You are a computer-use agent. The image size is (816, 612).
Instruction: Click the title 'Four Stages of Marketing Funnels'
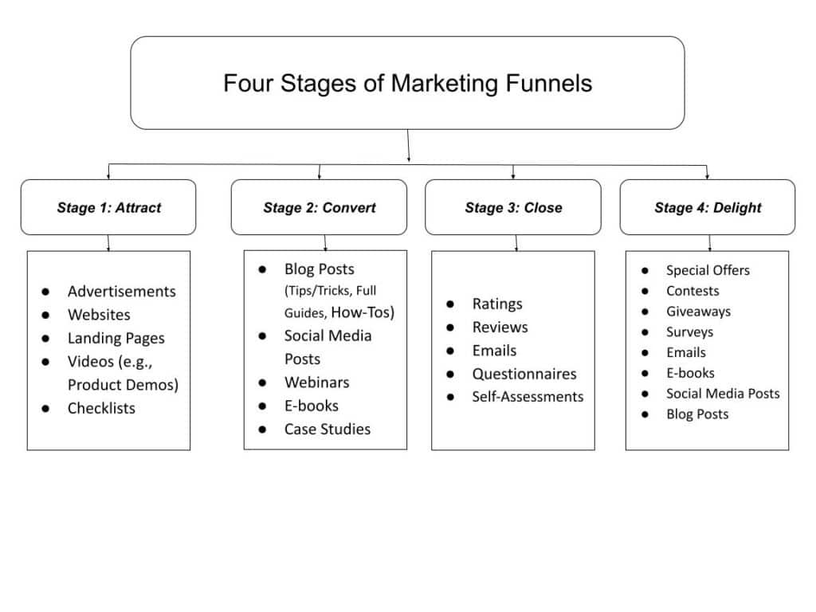(407, 83)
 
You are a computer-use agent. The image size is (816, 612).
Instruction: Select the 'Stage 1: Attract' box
(108, 207)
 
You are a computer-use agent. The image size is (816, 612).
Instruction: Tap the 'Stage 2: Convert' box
(320, 207)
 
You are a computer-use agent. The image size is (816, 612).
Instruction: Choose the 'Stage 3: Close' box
(513, 207)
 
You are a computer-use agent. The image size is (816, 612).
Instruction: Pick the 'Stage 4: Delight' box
(708, 207)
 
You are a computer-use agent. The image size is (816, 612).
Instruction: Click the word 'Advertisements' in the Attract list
(121, 292)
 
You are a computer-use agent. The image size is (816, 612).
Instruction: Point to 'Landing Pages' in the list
(116, 338)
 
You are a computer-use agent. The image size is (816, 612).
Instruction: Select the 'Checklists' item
(101, 408)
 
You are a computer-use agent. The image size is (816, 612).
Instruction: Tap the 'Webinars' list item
(316, 382)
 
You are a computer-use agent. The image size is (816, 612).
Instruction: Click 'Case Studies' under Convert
(327, 429)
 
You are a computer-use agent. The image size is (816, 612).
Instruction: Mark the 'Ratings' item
(497, 304)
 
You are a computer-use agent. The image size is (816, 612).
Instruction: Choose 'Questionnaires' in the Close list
(524, 374)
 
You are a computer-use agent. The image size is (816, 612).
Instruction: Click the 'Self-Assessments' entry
(528, 397)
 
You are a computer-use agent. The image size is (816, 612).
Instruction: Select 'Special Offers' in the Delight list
(708, 270)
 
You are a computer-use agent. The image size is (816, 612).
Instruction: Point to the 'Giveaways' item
(698, 312)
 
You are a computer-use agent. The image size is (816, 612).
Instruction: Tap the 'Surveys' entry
(689, 331)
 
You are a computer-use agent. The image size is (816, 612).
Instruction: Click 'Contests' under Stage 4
(692, 291)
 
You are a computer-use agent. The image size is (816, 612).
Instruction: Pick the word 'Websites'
(99, 315)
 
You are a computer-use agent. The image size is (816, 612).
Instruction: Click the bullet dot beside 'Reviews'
(450, 328)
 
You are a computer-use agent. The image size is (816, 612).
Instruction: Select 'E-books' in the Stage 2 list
(311, 406)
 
